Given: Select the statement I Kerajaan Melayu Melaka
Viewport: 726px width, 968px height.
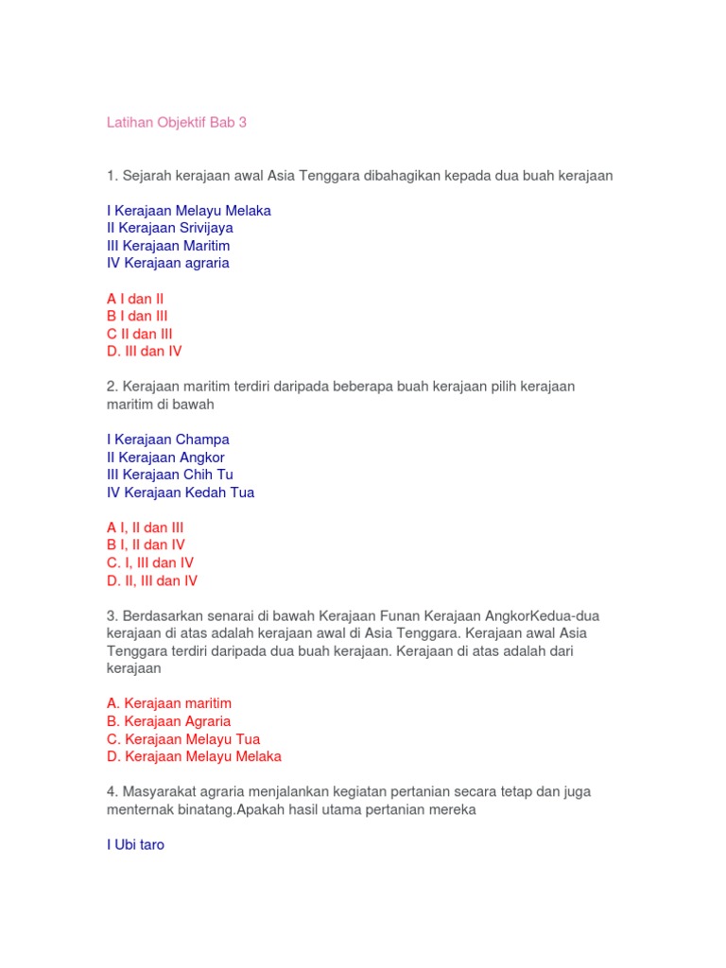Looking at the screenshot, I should (x=189, y=211).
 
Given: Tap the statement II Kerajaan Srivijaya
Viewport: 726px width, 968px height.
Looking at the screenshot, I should (x=170, y=228).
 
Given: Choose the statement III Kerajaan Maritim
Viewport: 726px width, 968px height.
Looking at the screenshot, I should (x=168, y=246).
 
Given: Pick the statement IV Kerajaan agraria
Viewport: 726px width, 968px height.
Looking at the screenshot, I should (x=168, y=263).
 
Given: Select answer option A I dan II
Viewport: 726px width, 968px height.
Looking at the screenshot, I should (x=135, y=299).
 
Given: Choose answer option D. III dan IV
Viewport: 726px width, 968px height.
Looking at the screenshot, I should (x=145, y=351).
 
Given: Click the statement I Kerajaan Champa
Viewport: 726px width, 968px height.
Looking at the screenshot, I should (x=168, y=440).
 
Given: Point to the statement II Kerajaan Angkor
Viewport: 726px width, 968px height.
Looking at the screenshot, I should (x=166, y=458).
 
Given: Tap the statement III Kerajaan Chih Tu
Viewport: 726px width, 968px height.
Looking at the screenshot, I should (x=170, y=475).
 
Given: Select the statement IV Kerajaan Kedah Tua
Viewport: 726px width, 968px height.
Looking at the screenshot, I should (x=181, y=493).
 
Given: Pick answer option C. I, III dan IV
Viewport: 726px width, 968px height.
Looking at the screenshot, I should (x=150, y=562).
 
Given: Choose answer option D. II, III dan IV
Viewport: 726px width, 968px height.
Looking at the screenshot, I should (x=152, y=580).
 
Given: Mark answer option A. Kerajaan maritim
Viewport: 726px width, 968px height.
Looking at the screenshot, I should (x=169, y=703).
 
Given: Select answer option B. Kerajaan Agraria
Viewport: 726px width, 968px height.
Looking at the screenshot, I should (x=169, y=721).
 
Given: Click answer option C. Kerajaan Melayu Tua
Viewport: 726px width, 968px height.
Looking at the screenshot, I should (x=183, y=739).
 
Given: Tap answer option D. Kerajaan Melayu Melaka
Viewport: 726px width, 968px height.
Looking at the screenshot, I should (x=194, y=756).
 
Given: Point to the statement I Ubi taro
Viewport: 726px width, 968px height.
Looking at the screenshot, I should (x=136, y=845).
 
